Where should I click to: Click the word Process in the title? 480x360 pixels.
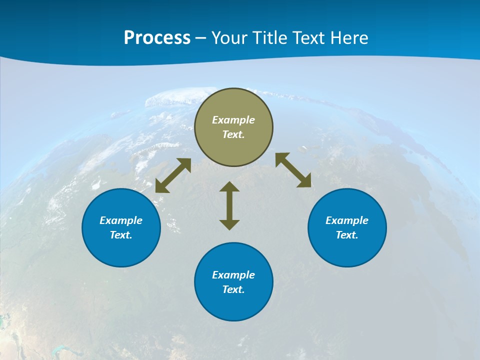157,38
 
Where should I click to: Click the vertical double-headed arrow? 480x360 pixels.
229,205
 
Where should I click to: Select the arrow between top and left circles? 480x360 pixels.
173,175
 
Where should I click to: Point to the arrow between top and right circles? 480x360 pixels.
293,170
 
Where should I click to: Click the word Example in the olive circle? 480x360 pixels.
233,120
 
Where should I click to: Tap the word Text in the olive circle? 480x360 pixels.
233,134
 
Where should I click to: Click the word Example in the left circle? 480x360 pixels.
121,220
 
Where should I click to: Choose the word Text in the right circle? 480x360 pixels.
347,235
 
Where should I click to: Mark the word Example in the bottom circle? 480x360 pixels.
233,275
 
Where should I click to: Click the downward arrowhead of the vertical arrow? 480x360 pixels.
229,224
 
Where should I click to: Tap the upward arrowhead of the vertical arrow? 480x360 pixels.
229,187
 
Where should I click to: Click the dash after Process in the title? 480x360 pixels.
201,38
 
